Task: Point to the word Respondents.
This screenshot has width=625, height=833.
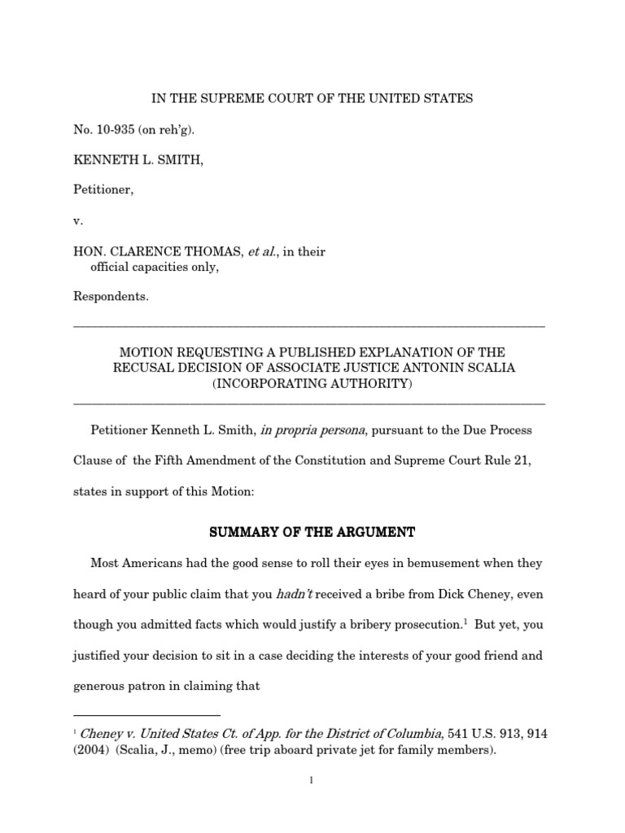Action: [111, 297]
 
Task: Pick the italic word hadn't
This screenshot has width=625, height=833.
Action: [299, 595]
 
